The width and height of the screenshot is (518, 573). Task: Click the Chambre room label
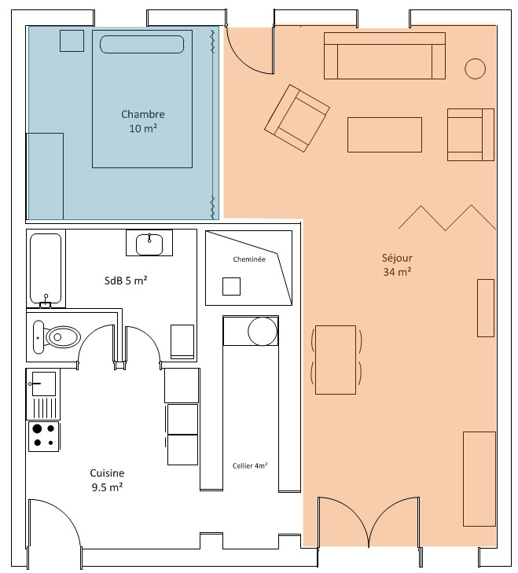tap(143, 121)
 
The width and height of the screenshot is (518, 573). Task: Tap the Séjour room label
tap(397, 265)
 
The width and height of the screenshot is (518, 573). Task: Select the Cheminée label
tap(249, 259)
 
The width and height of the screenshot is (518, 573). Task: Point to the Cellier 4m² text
tap(250, 465)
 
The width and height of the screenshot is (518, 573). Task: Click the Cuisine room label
tap(107, 479)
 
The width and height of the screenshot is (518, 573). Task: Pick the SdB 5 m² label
tap(126, 281)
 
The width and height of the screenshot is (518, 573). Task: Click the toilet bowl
tap(63, 336)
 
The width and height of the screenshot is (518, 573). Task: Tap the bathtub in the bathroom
tap(46, 270)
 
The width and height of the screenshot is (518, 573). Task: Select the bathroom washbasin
tap(149, 244)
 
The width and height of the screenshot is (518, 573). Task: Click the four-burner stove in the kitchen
tap(44, 436)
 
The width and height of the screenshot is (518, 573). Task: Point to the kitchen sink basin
tap(44, 384)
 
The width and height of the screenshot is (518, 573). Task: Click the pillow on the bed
tap(142, 44)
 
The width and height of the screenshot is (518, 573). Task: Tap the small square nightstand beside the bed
tap(72, 41)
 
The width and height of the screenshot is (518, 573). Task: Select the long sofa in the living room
tap(384, 56)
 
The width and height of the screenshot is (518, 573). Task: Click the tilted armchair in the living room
tap(297, 118)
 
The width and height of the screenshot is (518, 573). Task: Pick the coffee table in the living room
tap(384, 134)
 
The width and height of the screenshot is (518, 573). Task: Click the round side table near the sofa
tap(476, 68)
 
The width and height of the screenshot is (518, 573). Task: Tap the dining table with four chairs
tap(336, 360)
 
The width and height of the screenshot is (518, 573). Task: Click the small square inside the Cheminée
tap(231, 286)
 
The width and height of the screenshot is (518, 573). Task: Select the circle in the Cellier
tap(263, 331)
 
